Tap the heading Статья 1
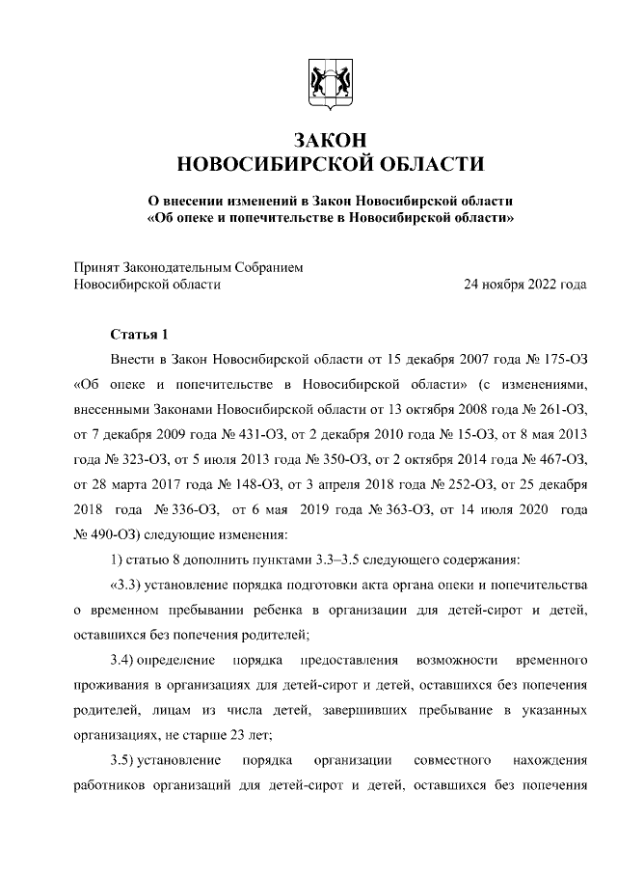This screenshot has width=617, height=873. point(140,335)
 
